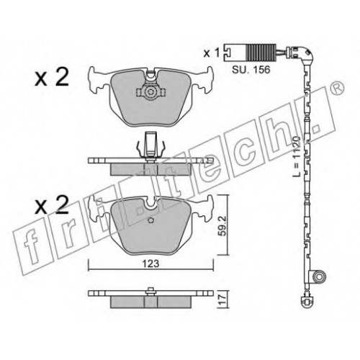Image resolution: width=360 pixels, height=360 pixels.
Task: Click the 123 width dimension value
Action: [x=150, y=264]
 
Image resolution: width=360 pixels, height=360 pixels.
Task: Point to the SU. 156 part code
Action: [x=251, y=70]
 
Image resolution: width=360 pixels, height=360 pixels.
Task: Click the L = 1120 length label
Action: [x=297, y=156]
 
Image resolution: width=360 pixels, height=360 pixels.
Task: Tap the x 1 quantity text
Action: [x=212, y=53]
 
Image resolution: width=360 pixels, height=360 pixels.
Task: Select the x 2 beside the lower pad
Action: [x=52, y=204]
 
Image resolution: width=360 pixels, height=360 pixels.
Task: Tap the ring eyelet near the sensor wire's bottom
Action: [x=319, y=276]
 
